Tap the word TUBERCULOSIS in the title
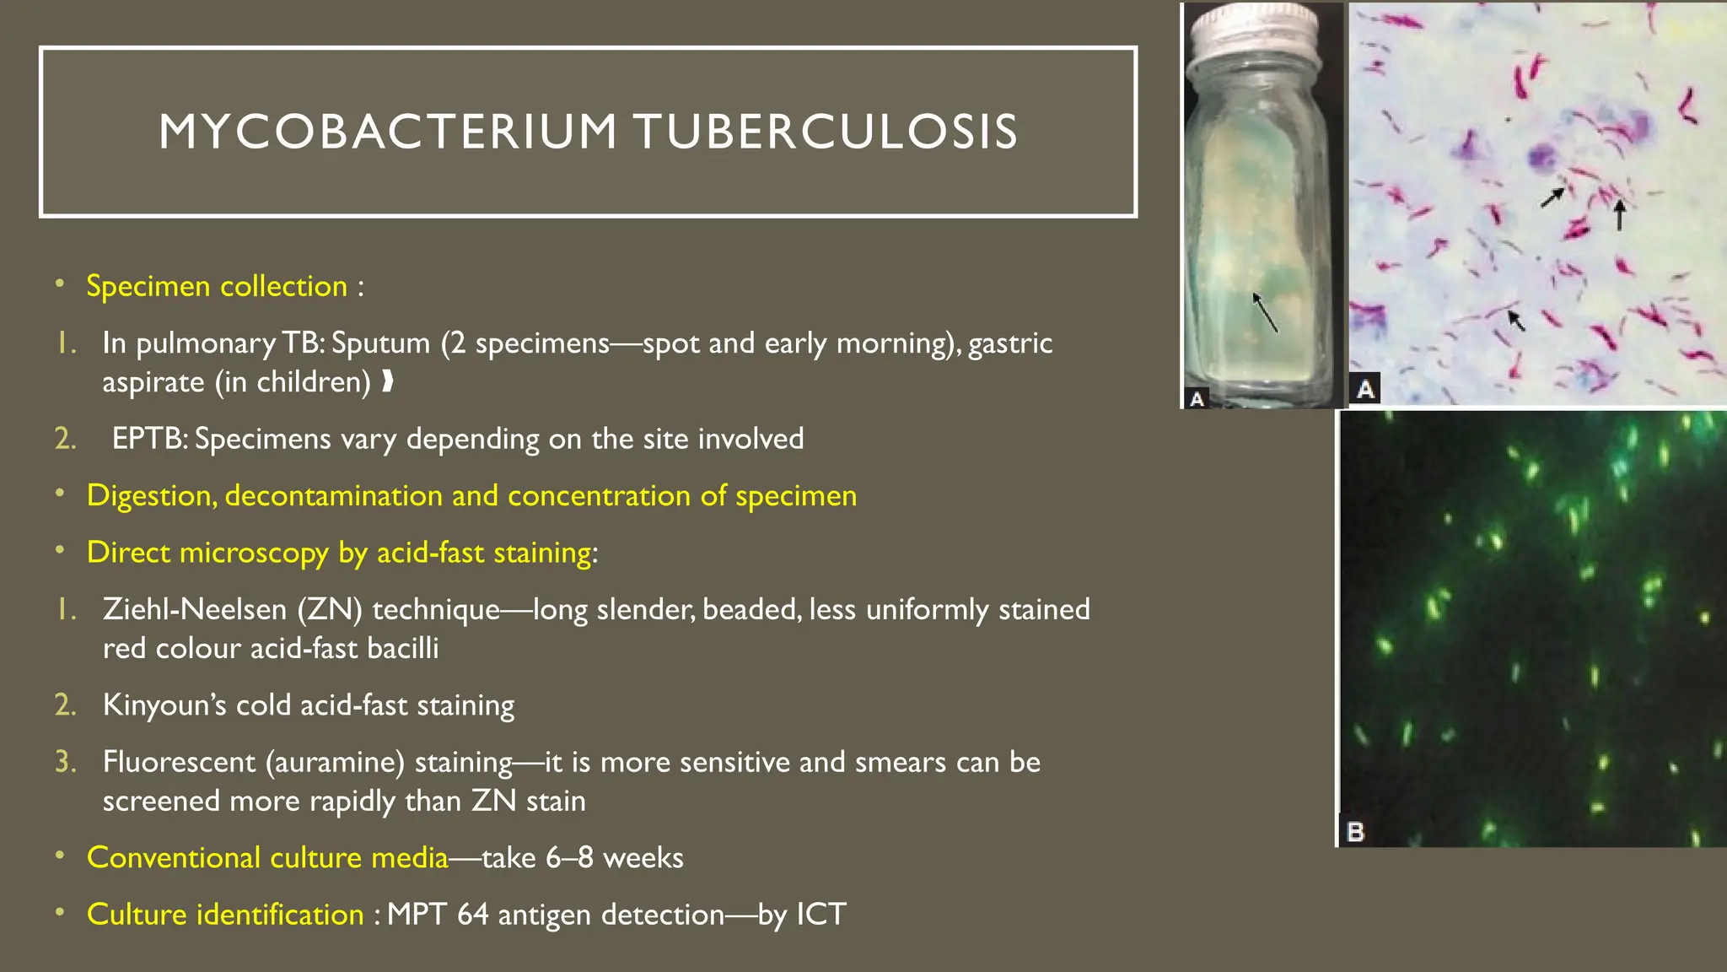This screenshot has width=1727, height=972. [x=826, y=132]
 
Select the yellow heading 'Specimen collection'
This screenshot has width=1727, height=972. [x=217, y=286]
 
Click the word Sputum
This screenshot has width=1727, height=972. [x=380, y=343]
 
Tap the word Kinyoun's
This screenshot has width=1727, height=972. [x=164, y=705]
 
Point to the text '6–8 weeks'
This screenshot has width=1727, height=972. [x=614, y=858]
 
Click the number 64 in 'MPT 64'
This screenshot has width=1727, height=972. [x=472, y=915]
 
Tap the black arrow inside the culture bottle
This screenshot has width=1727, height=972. [x=1264, y=312]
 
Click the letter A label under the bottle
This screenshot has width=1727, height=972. [x=1197, y=398]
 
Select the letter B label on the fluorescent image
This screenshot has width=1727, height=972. [x=1355, y=832]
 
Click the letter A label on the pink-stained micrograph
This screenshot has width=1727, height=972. [x=1366, y=388]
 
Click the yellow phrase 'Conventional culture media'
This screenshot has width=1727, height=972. [x=267, y=858]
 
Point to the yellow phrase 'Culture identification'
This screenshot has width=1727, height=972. [x=225, y=915]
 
